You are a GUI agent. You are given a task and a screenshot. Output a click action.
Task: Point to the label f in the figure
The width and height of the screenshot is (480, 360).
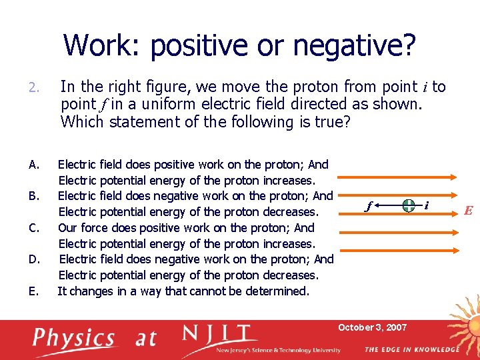pyautogui.click(x=369, y=207)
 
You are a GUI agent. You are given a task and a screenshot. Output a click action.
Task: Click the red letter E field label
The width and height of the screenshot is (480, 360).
pyautogui.click(x=468, y=211)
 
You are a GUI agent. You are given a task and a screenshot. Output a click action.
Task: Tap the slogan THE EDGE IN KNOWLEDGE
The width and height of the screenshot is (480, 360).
pyautogui.click(x=411, y=350)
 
